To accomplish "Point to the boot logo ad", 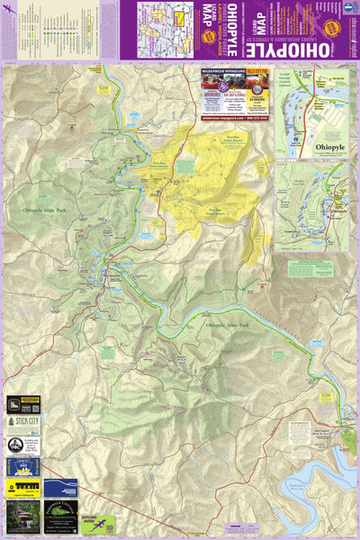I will [22, 404].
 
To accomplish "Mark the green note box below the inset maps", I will [311, 269].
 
